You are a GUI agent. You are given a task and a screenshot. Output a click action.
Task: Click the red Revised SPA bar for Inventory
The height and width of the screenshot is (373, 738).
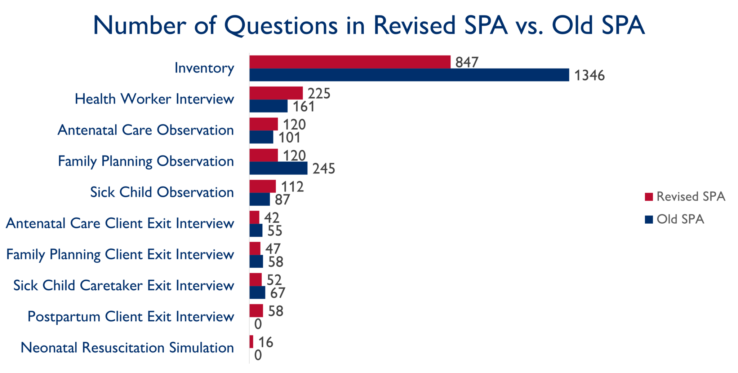(x=350, y=62)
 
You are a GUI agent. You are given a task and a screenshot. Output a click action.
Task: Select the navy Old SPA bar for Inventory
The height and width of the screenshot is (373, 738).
(x=409, y=75)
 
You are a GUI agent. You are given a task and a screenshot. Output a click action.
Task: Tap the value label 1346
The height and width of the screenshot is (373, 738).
(x=589, y=75)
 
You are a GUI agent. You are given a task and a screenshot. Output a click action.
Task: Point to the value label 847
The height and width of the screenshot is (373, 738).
(x=467, y=62)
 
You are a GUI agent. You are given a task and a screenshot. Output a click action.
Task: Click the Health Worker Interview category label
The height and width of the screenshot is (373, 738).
(x=154, y=99)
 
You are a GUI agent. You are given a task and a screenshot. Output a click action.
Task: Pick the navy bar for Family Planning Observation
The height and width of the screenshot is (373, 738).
(x=278, y=168)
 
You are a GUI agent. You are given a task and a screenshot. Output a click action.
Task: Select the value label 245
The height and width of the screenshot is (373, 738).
(x=324, y=168)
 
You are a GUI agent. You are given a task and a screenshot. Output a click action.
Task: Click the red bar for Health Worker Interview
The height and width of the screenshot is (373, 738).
(x=276, y=93)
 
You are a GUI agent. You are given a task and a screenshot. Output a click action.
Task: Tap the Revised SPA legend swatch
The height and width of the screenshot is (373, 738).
(x=649, y=197)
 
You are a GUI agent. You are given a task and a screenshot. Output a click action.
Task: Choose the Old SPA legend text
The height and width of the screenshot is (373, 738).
(x=680, y=219)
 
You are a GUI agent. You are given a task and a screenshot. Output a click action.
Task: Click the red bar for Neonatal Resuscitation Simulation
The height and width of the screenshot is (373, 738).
(x=251, y=342)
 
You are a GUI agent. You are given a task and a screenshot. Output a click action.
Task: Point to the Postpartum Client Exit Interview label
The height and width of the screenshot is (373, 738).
(x=131, y=317)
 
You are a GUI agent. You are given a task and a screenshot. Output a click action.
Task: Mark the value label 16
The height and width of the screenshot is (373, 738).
(x=266, y=342)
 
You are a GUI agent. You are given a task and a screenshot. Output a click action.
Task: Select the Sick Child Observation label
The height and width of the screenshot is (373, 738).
(x=162, y=192)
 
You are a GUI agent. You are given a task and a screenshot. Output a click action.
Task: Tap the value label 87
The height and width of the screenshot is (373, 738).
(x=282, y=199)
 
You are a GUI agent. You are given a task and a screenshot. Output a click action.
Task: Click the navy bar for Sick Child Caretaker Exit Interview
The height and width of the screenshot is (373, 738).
(x=257, y=293)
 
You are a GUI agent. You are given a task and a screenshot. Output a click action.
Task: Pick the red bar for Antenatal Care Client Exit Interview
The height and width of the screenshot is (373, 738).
(x=254, y=218)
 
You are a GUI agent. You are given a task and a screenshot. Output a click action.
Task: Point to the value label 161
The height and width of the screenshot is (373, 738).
(x=303, y=106)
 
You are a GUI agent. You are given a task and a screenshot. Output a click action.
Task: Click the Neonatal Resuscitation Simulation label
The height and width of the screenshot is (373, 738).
(x=127, y=348)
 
